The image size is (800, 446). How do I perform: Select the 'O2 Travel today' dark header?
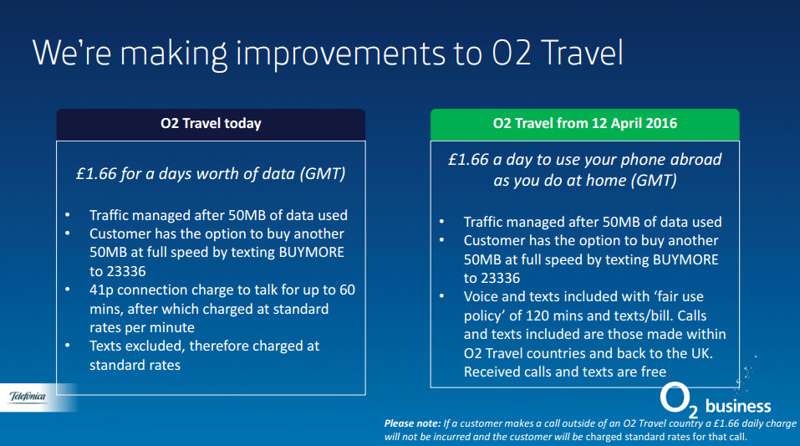pos(211,124)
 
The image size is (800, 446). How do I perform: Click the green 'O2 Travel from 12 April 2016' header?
pos(585,124)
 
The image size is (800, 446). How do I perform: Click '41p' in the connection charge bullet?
pos(104,290)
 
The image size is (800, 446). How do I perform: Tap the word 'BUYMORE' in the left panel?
pos(309,252)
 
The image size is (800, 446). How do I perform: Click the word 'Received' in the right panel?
pos(493,372)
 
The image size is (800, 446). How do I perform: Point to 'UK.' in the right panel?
pos(701,353)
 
